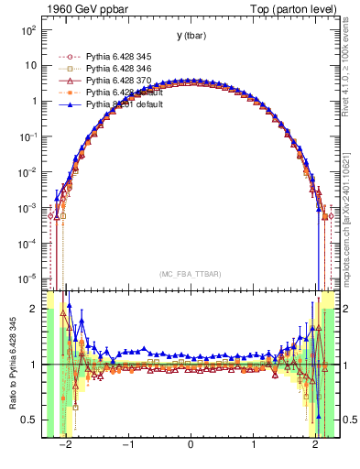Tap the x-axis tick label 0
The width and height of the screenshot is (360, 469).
[190, 445]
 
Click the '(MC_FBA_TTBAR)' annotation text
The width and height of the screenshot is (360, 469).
[191, 274]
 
